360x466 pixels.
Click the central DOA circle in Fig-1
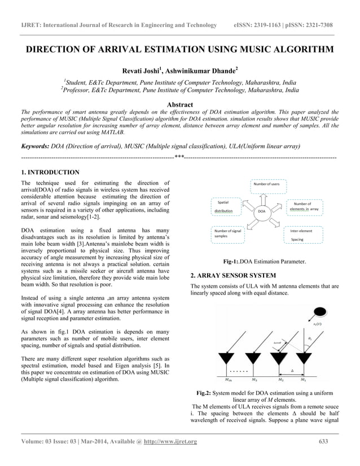pyautogui.click(x=261, y=211)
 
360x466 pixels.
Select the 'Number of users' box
pyautogui.click(x=266, y=184)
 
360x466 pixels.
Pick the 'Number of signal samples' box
pyautogui.click(x=228, y=235)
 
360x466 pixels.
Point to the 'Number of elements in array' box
pyautogui.click(x=305, y=206)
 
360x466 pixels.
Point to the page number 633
pyautogui.click(x=323, y=441)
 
